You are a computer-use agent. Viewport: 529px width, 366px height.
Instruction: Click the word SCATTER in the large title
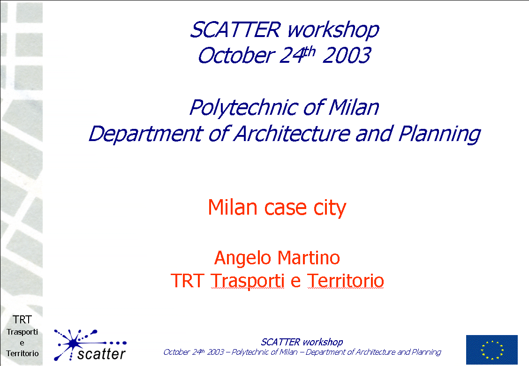pyautogui.click(x=235, y=30)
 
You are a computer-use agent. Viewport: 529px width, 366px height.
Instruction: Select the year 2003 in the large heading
pyautogui.click(x=347, y=55)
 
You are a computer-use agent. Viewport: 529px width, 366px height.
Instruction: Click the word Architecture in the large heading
pyautogui.click(x=292, y=134)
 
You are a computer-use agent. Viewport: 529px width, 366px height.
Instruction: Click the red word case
pyautogui.click(x=285, y=208)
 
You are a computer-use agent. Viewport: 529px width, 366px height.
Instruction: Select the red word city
pyautogui.click(x=330, y=208)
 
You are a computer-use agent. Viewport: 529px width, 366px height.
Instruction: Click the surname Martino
pyautogui.click(x=309, y=258)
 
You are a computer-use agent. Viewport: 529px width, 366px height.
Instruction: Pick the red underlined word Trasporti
pyautogui.click(x=247, y=281)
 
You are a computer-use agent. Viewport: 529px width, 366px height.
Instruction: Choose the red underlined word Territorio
pyautogui.click(x=346, y=281)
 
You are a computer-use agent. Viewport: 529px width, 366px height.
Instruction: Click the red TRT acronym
pyautogui.click(x=188, y=281)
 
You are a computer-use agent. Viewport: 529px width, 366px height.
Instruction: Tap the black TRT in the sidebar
pyautogui.click(x=22, y=320)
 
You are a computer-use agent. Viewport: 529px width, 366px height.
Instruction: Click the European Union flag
pyautogui.click(x=492, y=350)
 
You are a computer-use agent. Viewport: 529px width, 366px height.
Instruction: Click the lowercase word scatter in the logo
pyautogui.click(x=101, y=354)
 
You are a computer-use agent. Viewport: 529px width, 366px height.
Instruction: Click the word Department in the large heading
pyautogui.click(x=146, y=134)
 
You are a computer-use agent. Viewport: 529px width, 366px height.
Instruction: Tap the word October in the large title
pyautogui.click(x=236, y=55)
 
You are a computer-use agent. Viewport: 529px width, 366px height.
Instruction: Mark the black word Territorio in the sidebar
pyautogui.click(x=22, y=353)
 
